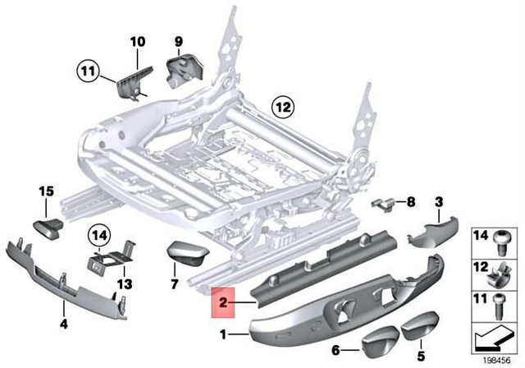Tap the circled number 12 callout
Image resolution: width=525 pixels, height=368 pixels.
(283, 107)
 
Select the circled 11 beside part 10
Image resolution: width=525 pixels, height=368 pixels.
(87, 71)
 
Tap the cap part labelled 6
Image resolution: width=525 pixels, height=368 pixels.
(379, 338)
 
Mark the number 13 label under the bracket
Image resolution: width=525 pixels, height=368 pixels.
(123, 283)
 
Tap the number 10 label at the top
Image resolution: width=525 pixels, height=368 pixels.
(137, 41)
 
